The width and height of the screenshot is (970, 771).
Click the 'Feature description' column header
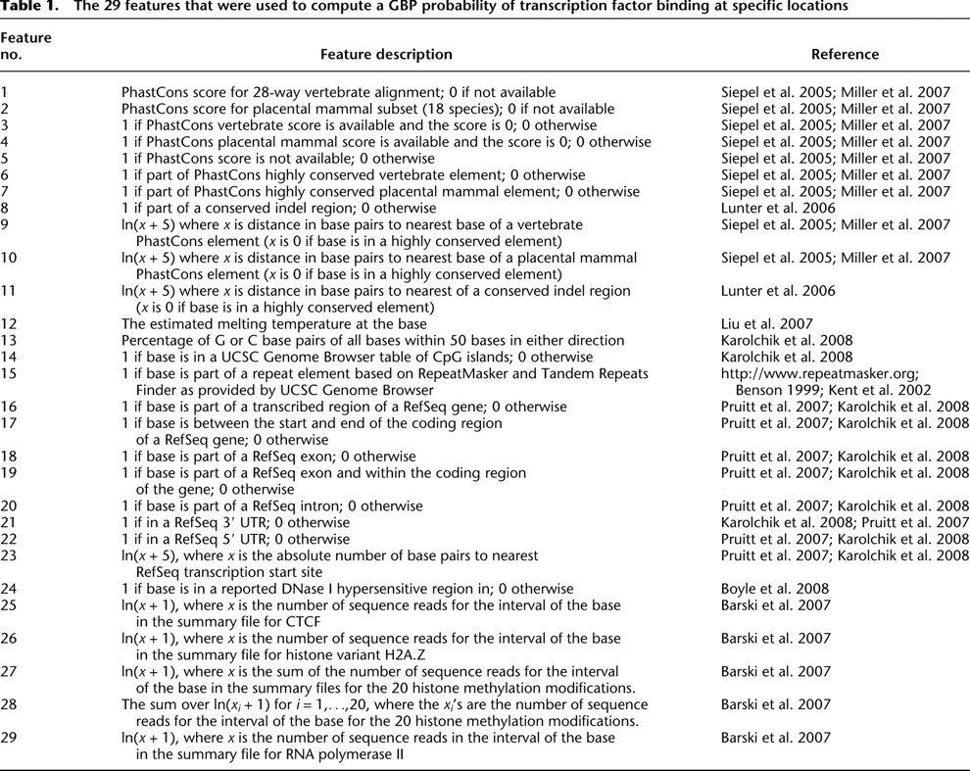(x=386, y=55)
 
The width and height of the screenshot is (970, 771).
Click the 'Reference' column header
(x=845, y=55)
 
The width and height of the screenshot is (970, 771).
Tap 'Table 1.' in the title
(x=29, y=8)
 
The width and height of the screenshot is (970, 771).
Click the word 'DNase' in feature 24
(x=292, y=589)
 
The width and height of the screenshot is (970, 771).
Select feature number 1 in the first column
(x=5, y=92)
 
